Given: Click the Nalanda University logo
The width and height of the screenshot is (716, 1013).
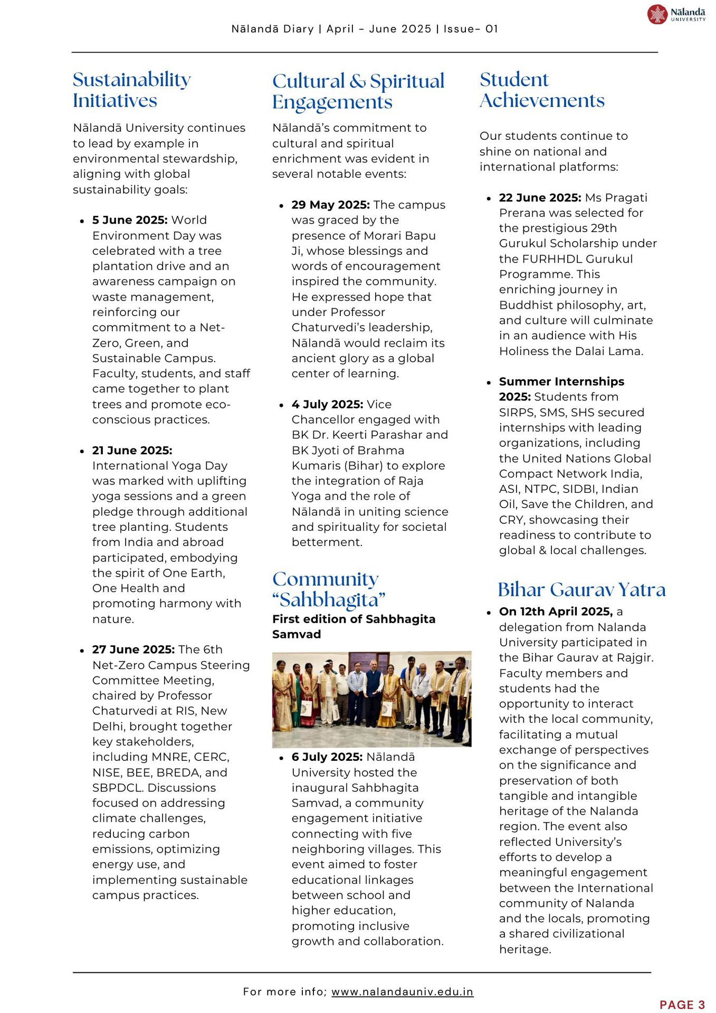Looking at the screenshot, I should click(676, 14).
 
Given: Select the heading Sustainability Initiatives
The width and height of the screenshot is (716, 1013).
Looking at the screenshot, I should click(131, 90).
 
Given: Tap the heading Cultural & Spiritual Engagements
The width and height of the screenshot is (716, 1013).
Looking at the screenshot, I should click(358, 91).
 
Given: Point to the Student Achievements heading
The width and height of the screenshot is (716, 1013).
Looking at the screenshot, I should click(541, 90).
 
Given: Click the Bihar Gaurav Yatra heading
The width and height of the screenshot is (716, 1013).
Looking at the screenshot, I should click(581, 589).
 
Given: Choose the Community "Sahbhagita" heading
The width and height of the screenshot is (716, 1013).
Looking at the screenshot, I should click(329, 589).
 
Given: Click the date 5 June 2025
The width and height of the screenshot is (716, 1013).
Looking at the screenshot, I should click(130, 220).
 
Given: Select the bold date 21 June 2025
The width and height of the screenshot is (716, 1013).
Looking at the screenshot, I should click(132, 451).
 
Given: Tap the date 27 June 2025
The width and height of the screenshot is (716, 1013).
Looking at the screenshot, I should click(133, 649).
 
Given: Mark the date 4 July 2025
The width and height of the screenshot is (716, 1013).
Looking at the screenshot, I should click(327, 404).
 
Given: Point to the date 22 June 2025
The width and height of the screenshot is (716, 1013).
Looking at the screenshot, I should click(540, 198).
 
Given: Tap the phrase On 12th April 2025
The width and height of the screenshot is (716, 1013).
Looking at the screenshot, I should click(556, 612).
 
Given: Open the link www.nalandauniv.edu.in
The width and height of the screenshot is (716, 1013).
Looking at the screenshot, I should click(402, 992).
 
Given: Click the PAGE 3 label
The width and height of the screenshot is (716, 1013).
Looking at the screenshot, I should click(682, 1005).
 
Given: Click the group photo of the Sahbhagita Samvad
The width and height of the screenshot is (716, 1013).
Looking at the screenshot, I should click(371, 699).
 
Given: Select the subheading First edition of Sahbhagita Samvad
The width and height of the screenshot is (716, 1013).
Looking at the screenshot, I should click(354, 626).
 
